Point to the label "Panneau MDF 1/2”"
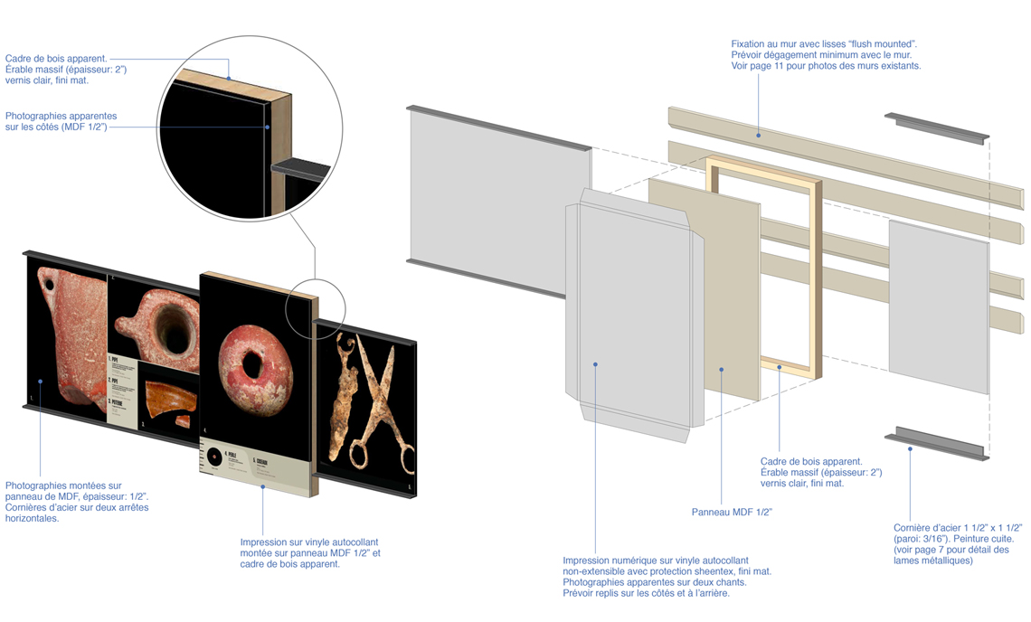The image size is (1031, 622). (x=731, y=512)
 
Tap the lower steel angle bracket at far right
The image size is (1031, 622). (x=936, y=444)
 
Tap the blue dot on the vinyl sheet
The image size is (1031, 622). (x=595, y=364)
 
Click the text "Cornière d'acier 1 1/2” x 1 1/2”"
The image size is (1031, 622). (x=957, y=527)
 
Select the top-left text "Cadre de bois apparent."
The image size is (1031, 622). (x=56, y=58)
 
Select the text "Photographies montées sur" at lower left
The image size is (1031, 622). (x=62, y=485)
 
